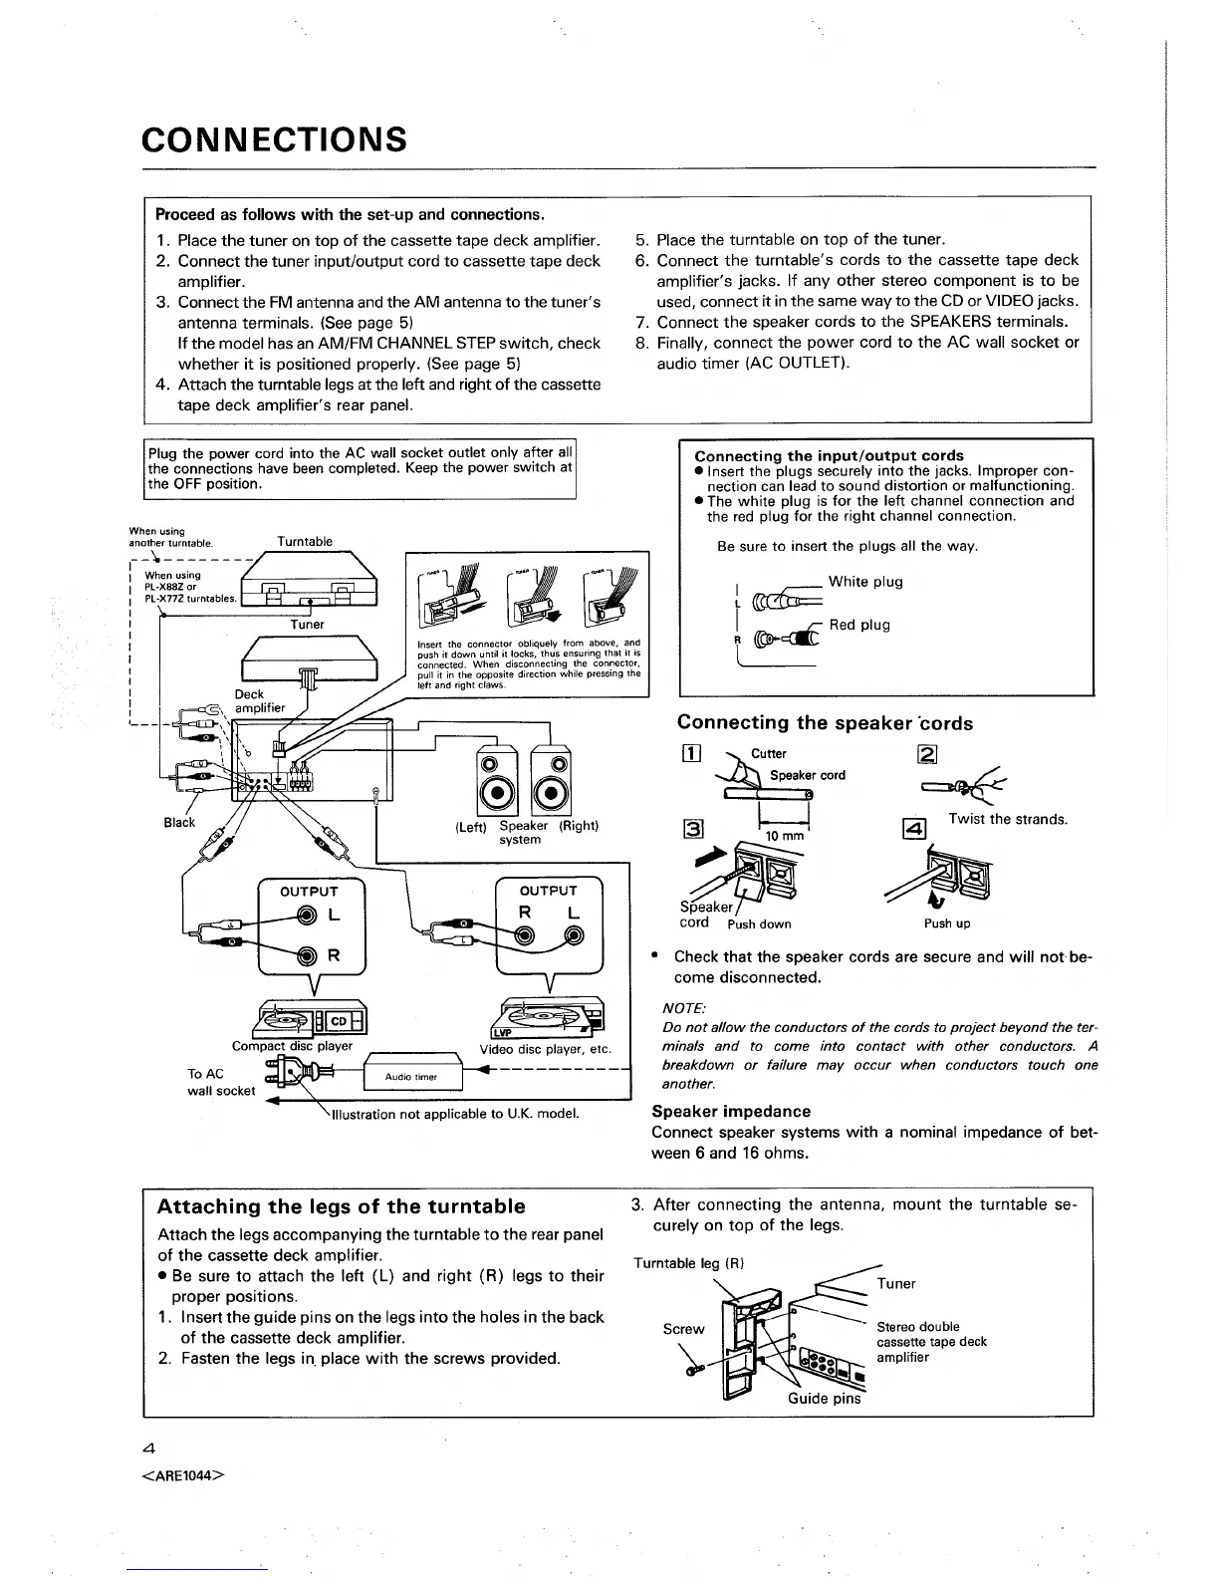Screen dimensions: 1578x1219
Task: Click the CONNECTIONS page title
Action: pyautogui.click(x=275, y=139)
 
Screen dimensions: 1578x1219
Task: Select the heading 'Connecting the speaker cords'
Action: pyautogui.click(x=825, y=723)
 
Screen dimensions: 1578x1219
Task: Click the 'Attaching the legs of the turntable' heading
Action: pyautogui.click(x=341, y=1206)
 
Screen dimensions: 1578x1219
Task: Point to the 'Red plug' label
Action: pyautogui.click(x=859, y=625)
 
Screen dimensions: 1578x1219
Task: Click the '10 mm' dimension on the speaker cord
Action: pyautogui.click(x=784, y=835)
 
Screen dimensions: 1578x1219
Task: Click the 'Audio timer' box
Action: pyautogui.click(x=412, y=1077)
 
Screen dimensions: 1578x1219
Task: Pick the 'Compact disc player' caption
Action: pyautogui.click(x=293, y=1046)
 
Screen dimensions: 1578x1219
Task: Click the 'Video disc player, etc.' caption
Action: pyautogui.click(x=545, y=1049)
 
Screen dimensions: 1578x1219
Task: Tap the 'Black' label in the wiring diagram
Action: pyautogui.click(x=179, y=822)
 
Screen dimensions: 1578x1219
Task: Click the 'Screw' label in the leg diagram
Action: pyautogui.click(x=683, y=1329)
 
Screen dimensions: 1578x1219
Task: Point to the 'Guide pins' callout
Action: pyautogui.click(x=824, y=1398)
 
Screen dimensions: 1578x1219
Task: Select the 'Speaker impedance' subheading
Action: pyautogui.click(x=731, y=1111)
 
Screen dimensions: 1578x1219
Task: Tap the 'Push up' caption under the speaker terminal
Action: pyautogui.click(x=947, y=923)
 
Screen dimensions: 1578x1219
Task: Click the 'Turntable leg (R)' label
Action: pyautogui.click(x=689, y=1263)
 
